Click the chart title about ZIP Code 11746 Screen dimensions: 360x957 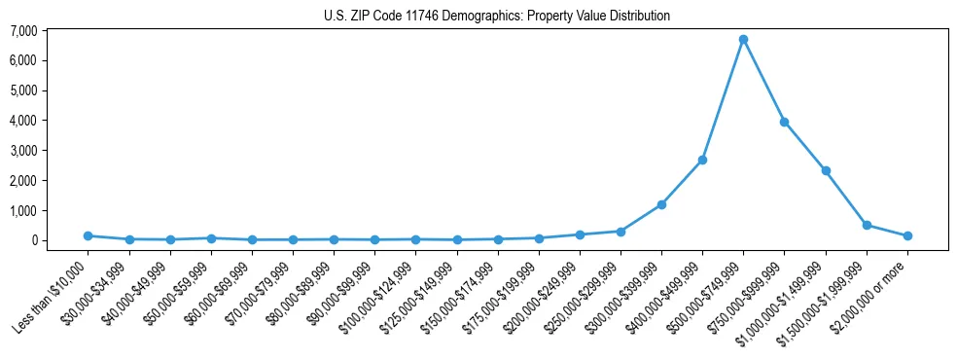tap(496, 16)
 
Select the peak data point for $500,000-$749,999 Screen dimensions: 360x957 tap(743, 39)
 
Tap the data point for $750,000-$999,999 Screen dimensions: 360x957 tap(784, 122)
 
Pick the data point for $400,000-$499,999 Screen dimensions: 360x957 tap(702, 160)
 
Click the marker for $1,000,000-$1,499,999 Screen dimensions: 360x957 tap(826, 170)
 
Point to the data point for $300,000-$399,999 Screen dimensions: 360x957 tap(661, 204)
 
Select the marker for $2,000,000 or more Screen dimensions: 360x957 tap(907, 235)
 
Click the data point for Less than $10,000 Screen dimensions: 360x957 tap(88, 235)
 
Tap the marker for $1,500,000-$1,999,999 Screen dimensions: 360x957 tap(867, 225)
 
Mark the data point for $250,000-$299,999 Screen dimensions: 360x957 tap(620, 232)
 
